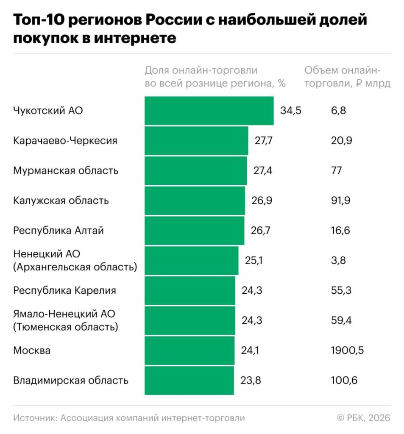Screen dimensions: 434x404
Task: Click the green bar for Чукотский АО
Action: point(209,111)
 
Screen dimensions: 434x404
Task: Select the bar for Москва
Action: point(189,351)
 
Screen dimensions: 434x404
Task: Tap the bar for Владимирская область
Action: point(189,381)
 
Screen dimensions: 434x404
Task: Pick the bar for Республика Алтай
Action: point(195,231)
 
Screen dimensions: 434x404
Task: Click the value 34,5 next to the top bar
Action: point(290,111)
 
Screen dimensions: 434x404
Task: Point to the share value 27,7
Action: point(263,141)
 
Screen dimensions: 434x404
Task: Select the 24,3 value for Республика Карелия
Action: point(252,291)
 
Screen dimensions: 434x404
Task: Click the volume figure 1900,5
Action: point(347,351)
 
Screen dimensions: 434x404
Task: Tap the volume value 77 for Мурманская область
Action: point(337,171)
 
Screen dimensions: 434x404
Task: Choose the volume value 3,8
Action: point(338,261)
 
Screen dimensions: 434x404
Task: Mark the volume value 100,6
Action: point(344,381)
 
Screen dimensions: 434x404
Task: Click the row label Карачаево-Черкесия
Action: point(65,141)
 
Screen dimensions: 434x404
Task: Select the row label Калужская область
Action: point(61,200)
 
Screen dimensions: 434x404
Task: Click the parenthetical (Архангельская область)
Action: point(75,267)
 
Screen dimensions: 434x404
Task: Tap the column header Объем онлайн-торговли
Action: point(347,77)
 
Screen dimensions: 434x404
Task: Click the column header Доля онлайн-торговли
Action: point(215,77)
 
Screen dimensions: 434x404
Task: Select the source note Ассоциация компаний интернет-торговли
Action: point(153,418)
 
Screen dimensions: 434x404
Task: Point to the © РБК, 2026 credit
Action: point(363,418)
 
